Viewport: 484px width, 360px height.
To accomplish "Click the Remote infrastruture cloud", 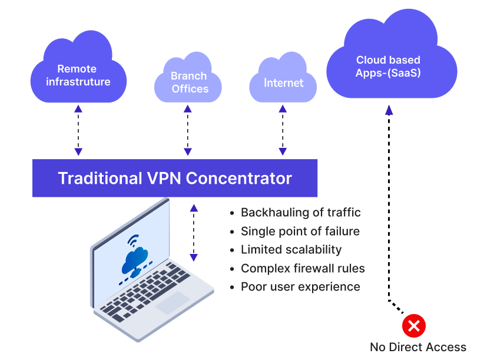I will point(78,71).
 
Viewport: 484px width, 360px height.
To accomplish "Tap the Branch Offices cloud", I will point(188,82).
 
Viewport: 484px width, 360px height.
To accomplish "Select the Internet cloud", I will point(283,81).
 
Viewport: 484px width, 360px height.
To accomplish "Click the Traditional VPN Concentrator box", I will point(175,178).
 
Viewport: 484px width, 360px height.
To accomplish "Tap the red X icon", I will point(414,326).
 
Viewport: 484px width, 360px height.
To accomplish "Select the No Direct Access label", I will point(417,347).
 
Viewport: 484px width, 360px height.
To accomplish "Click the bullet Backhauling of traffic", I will point(300,213).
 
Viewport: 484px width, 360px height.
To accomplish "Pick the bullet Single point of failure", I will point(300,232).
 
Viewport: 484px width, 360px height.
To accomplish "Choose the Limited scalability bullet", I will point(291,250).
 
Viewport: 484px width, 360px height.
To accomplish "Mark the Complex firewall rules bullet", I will point(303,269).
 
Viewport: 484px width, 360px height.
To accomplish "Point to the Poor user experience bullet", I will point(300,287).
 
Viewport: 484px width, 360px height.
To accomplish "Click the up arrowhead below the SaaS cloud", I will point(389,110).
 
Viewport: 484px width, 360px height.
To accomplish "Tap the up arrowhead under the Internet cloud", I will point(283,108).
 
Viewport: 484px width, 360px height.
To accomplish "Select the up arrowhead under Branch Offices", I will point(188,108).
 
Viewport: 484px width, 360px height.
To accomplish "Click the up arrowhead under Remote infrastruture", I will point(78,108).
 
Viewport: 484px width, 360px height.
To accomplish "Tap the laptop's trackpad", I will point(173,302).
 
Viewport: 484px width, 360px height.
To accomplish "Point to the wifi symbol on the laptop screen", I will point(133,241).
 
